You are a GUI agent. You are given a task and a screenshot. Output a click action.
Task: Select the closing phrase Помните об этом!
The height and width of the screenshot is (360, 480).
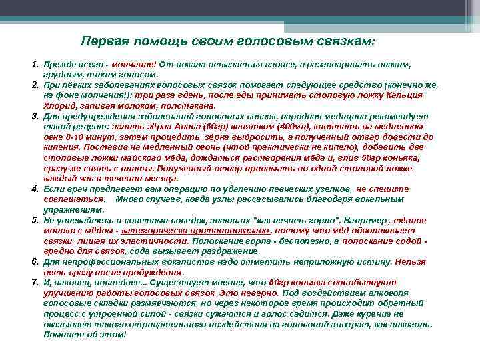click(84, 333)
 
